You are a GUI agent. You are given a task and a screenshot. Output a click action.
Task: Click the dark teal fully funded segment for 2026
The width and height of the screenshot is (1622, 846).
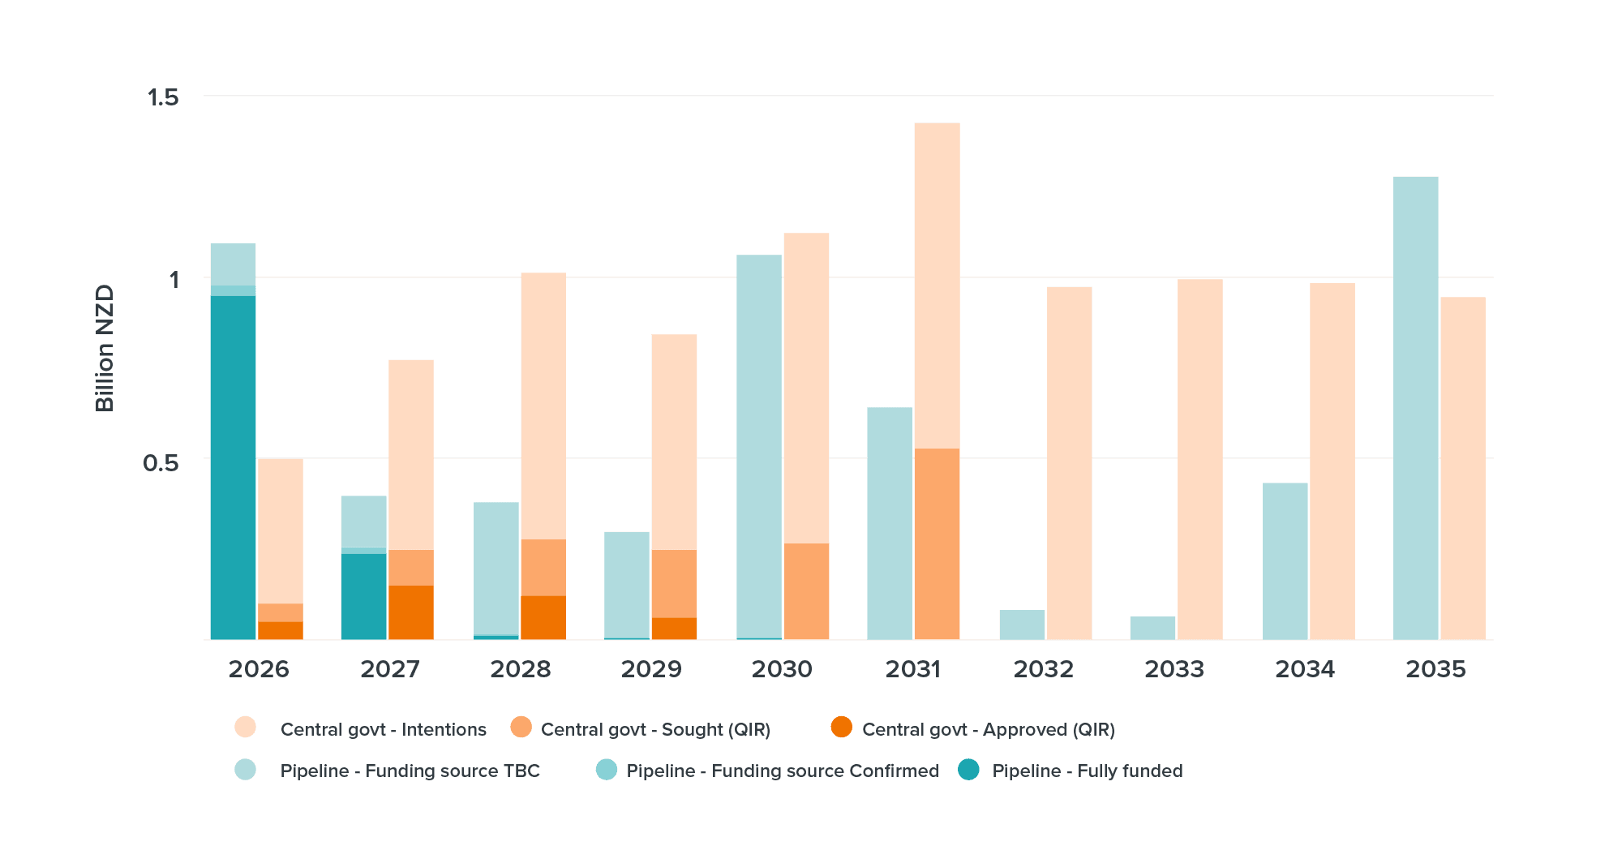(x=233, y=467)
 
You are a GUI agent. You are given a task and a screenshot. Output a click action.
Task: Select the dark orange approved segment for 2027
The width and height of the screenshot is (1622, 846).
(x=411, y=612)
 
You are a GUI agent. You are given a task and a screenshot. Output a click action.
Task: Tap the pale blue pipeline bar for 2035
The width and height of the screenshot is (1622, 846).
(x=1415, y=407)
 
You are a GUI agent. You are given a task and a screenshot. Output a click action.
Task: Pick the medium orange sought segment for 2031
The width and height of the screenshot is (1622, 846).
(x=937, y=543)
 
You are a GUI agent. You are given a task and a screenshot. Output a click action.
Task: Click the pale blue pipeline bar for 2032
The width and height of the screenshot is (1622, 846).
(x=1022, y=625)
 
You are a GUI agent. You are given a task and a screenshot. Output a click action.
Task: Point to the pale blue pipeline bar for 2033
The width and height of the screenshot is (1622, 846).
(x=1152, y=628)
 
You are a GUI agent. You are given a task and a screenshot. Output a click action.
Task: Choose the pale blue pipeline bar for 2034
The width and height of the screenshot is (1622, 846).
(x=1285, y=561)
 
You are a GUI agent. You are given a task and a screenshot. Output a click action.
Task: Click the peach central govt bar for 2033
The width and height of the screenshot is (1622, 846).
(x=1199, y=459)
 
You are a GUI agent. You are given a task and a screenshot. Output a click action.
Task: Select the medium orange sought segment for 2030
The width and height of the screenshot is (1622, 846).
(x=806, y=591)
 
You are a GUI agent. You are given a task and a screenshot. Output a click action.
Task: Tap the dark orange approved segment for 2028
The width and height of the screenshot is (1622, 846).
(x=543, y=617)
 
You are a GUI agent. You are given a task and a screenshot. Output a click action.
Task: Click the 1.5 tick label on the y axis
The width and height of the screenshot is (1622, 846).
(x=162, y=97)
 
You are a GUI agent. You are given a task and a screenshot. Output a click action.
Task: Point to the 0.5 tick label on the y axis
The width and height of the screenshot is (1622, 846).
(x=161, y=462)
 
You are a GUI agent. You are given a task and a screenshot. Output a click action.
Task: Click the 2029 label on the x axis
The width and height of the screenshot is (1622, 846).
(x=650, y=669)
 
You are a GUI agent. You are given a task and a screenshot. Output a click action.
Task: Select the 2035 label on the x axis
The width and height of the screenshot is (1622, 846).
(x=1435, y=669)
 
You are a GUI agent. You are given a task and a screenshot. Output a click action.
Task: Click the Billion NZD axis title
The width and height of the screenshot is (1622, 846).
(x=105, y=348)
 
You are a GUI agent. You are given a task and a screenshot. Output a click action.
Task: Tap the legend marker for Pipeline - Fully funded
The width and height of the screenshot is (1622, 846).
(x=968, y=770)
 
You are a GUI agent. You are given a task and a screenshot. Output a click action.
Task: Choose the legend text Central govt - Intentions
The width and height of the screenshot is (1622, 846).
(x=383, y=729)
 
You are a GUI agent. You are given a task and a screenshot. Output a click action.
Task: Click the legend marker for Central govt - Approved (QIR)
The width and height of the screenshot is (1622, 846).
(x=842, y=728)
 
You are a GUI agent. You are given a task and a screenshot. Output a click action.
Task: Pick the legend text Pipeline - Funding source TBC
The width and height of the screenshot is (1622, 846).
(x=410, y=771)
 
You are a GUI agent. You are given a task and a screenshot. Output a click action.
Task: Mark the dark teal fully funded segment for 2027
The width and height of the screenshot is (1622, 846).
(x=363, y=596)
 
